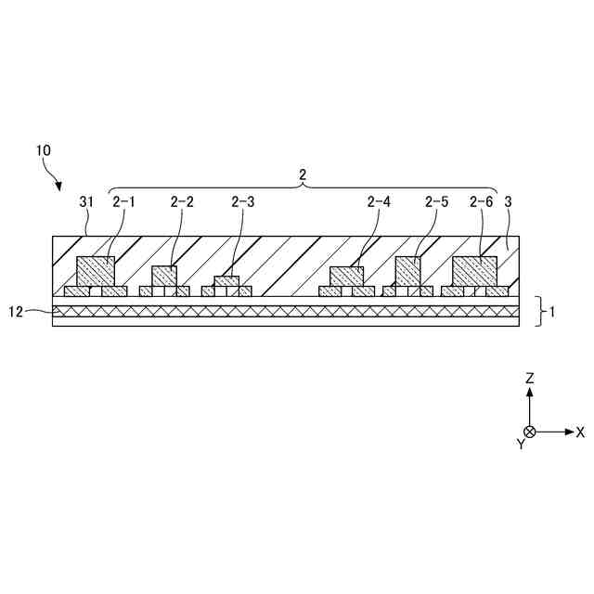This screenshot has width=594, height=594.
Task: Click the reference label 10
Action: coord(44,148)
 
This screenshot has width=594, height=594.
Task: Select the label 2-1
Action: coord(123,200)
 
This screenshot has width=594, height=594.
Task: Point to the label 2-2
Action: coord(182,200)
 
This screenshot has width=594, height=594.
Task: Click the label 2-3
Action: coord(242,200)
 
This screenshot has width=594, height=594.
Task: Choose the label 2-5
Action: coord(436,200)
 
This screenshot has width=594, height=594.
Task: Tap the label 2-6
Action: coord(481,200)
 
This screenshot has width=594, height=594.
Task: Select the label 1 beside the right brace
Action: coord(553,312)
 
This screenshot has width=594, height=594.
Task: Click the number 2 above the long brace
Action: coord(302,174)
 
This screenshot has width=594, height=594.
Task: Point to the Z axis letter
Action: coord(529,379)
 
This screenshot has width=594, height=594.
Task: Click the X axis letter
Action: coord(580,433)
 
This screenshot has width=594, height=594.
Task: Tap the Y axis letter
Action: coord(521,445)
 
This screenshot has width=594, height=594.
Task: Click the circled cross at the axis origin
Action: coord(529,432)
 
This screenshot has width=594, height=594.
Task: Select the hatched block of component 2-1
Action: coord(96,272)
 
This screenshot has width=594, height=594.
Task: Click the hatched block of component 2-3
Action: coord(226,281)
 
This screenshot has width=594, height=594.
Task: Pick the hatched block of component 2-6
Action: coord(474,271)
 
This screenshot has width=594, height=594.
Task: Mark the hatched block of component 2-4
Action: coord(347,277)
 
